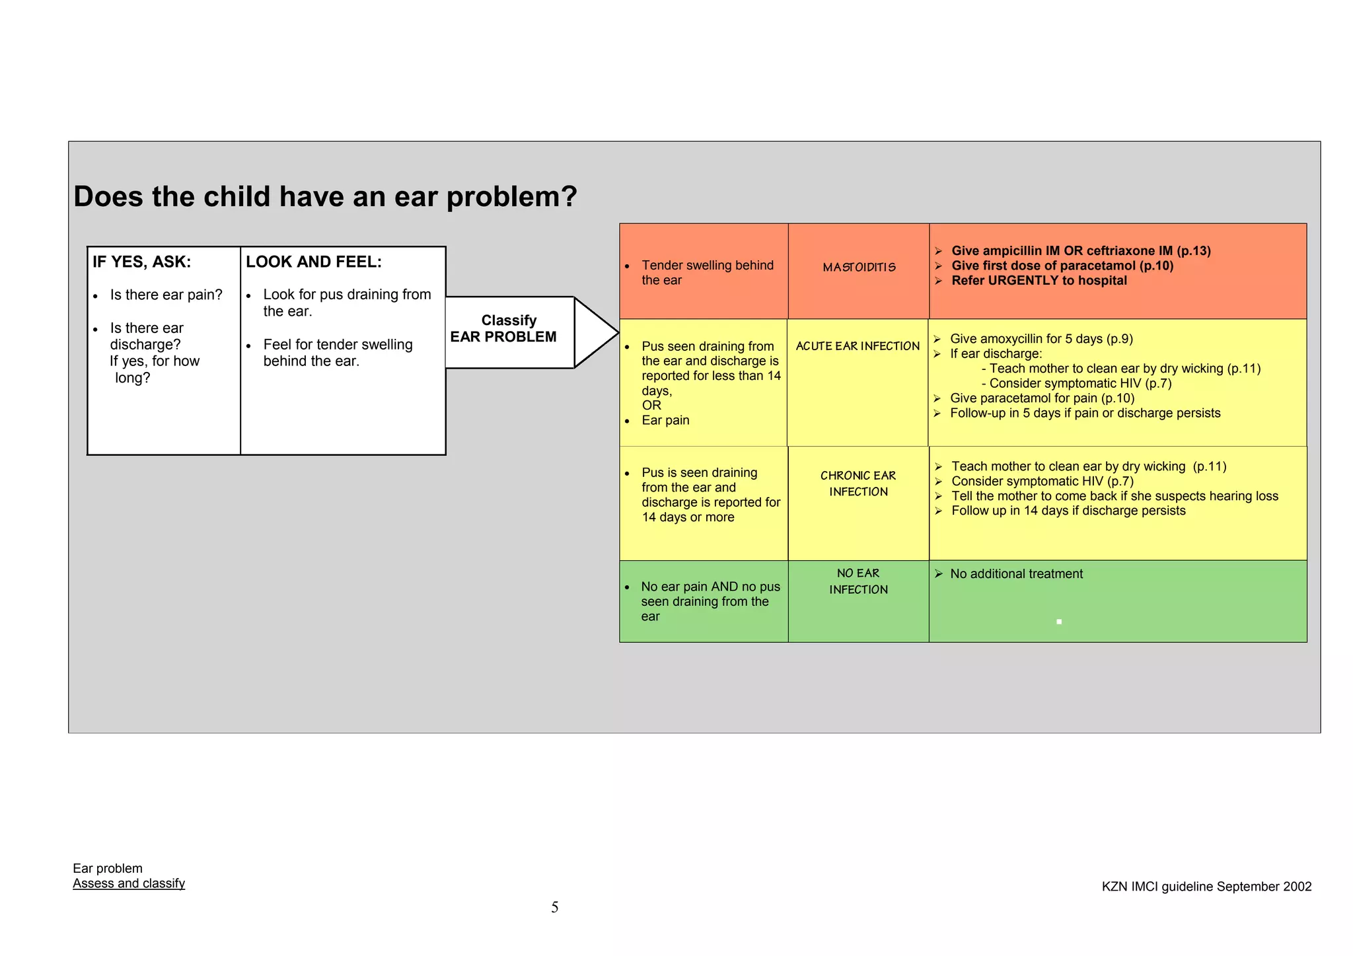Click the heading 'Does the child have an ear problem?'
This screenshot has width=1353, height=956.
pos(325,197)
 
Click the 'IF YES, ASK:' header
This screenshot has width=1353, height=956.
pos(141,262)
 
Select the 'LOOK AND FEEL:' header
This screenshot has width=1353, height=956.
pos(313,262)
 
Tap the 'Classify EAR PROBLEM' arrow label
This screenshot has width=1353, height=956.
pos(506,329)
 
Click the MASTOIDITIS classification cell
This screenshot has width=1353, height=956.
pos(859,268)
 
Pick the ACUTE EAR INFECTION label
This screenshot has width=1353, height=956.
pos(858,346)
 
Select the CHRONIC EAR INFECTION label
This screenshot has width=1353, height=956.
pos(858,484)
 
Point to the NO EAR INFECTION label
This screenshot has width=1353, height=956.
pos(858,581)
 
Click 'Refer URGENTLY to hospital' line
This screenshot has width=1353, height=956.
pos(1039,281)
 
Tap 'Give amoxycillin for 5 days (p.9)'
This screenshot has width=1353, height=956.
pos(1041,339)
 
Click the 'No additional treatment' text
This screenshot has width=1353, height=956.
pos(1016,574)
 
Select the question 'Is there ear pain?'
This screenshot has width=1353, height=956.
pos(166,295)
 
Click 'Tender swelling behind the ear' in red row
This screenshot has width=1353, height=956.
pos(707,273)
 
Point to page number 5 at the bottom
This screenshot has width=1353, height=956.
pos(555,908)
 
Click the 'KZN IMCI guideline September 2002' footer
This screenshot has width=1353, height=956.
pos(1206,887)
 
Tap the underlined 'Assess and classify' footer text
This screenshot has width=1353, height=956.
pos(129,884)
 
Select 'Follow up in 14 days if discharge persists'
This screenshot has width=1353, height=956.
pos(1068,511)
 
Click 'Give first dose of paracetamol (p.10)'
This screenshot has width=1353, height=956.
pos(1062,266)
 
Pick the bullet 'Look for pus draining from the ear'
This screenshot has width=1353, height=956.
pos(346,303)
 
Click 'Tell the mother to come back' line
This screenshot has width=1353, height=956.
pos(1114,496)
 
